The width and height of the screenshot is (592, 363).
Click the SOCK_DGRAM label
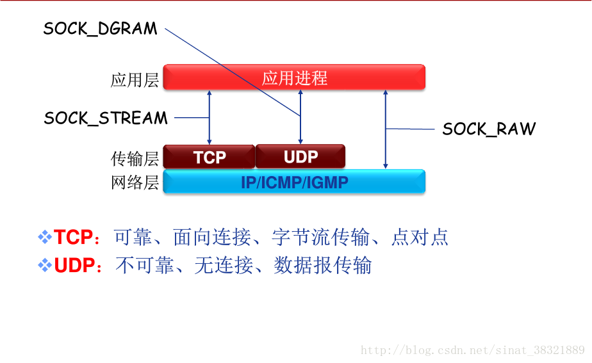pyautogui.click(x=100, y=29)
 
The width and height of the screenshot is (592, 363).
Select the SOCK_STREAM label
pyautogui.click(x=106, y=118)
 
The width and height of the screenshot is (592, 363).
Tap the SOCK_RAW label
pyautogui.click(x=489, y=129)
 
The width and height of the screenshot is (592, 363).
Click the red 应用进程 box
pyautogui.click(x=294, y=77)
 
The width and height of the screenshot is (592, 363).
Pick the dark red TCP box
pyautogui.click(x=209, y=157)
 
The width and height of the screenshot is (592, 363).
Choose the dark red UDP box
pyautogui.click(x=300, y=157)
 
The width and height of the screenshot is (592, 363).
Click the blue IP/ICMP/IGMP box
pyautogui.click(x=294, y=182)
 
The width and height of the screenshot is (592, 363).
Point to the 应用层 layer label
pyautogui.click(x=135, y=80)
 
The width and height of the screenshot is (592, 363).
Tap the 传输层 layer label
pyautogui.click(x=135, y=158)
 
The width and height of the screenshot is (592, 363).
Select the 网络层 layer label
pyautogui.click(x=135, y=182)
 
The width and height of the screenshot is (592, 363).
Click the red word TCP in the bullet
pyautogui.click(x=73, y=238)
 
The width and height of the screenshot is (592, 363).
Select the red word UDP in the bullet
pyautogui.click(x=74, y=266)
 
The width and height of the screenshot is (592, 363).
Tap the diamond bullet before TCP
pyautogui.click(x=45, y=238)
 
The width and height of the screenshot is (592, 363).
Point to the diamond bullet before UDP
pyautogui.click(x=45, y=266)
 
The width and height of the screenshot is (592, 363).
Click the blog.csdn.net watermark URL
pyautogui.click(x=472, y=350)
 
